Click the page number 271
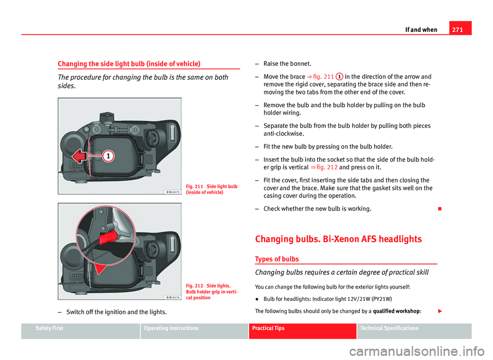tap(462, 29)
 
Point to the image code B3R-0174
tap(172, 297)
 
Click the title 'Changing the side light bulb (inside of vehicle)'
tap(128, 64)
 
